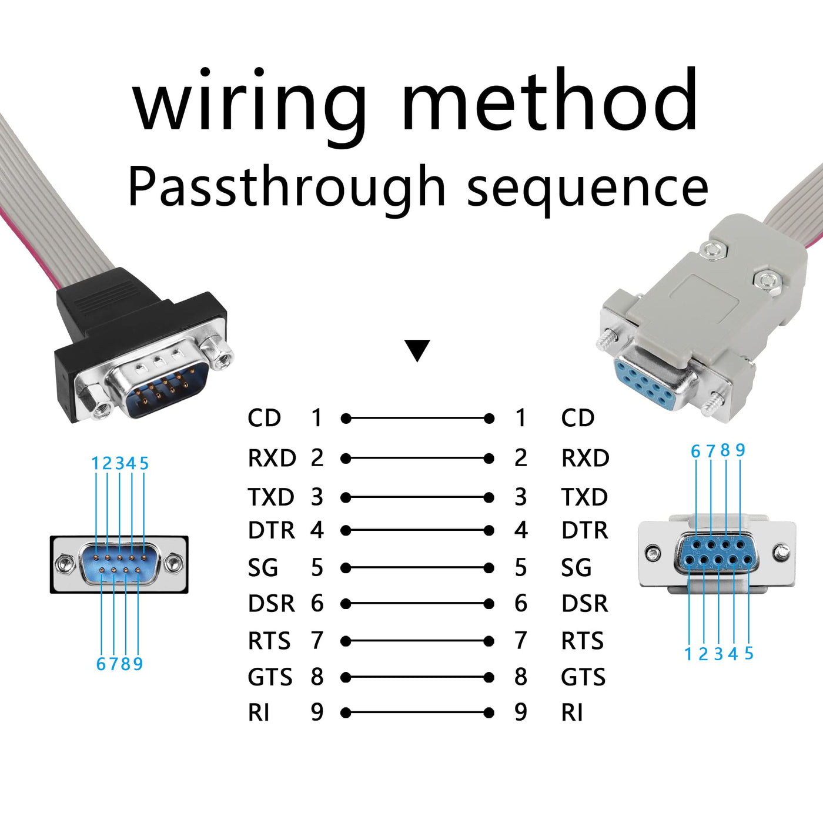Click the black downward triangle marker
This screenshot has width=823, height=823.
pos(417,350)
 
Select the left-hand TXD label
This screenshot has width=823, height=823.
pos(270,497)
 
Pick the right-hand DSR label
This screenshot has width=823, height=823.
pos(584,604)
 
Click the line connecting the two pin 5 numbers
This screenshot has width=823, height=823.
pos(417,568)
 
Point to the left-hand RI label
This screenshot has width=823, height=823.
pos(259,712)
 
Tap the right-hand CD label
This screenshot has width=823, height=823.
pos(578,418)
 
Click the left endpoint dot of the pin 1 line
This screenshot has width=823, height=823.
pos(346,419)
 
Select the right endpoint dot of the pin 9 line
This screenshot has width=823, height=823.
pos(489,712)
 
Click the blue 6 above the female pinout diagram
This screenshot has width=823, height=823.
pos(695,451)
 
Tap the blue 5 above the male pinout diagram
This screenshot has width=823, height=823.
pos(144,464)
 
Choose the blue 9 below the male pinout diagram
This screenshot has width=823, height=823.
pos(138,664)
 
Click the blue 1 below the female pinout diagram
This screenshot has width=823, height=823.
pos(688,654)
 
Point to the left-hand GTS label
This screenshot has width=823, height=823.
pos(270,677)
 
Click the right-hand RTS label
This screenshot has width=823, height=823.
pos(582,641)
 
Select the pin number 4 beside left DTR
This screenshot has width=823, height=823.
pos(317,530)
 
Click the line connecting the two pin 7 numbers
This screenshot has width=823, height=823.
pos(417,641)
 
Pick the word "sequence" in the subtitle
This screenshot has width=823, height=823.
pos(587,187)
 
